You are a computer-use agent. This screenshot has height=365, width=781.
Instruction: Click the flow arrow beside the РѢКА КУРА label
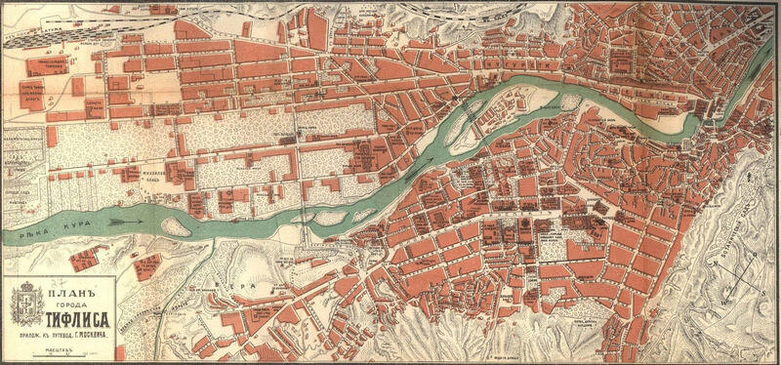coord(124,222)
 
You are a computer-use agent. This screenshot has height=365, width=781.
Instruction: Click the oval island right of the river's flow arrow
coord(175,226)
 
